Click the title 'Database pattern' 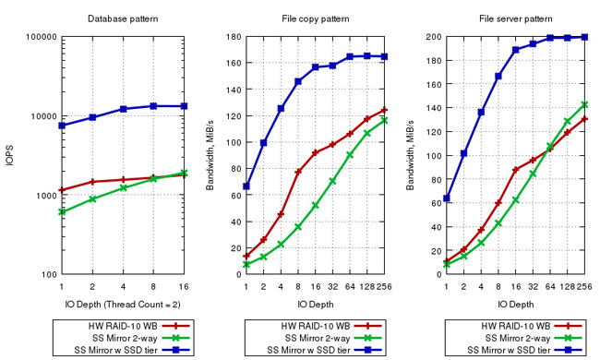click(122, 18)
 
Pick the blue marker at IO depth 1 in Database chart click(61, 126)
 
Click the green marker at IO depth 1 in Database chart click(61, 211)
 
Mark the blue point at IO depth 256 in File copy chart click(384, 56)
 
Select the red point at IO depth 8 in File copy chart click(298, 173)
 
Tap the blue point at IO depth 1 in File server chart click(447, 198)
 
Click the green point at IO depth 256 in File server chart click(583, 104)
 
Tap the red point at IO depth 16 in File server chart click(515, 170)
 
